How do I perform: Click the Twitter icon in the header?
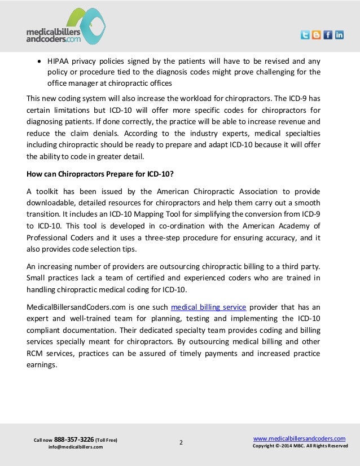305,35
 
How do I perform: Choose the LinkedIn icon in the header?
339,35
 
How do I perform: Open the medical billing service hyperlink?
208,307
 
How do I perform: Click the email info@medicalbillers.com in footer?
76,447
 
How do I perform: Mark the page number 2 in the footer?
181,442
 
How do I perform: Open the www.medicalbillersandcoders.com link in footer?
300,438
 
